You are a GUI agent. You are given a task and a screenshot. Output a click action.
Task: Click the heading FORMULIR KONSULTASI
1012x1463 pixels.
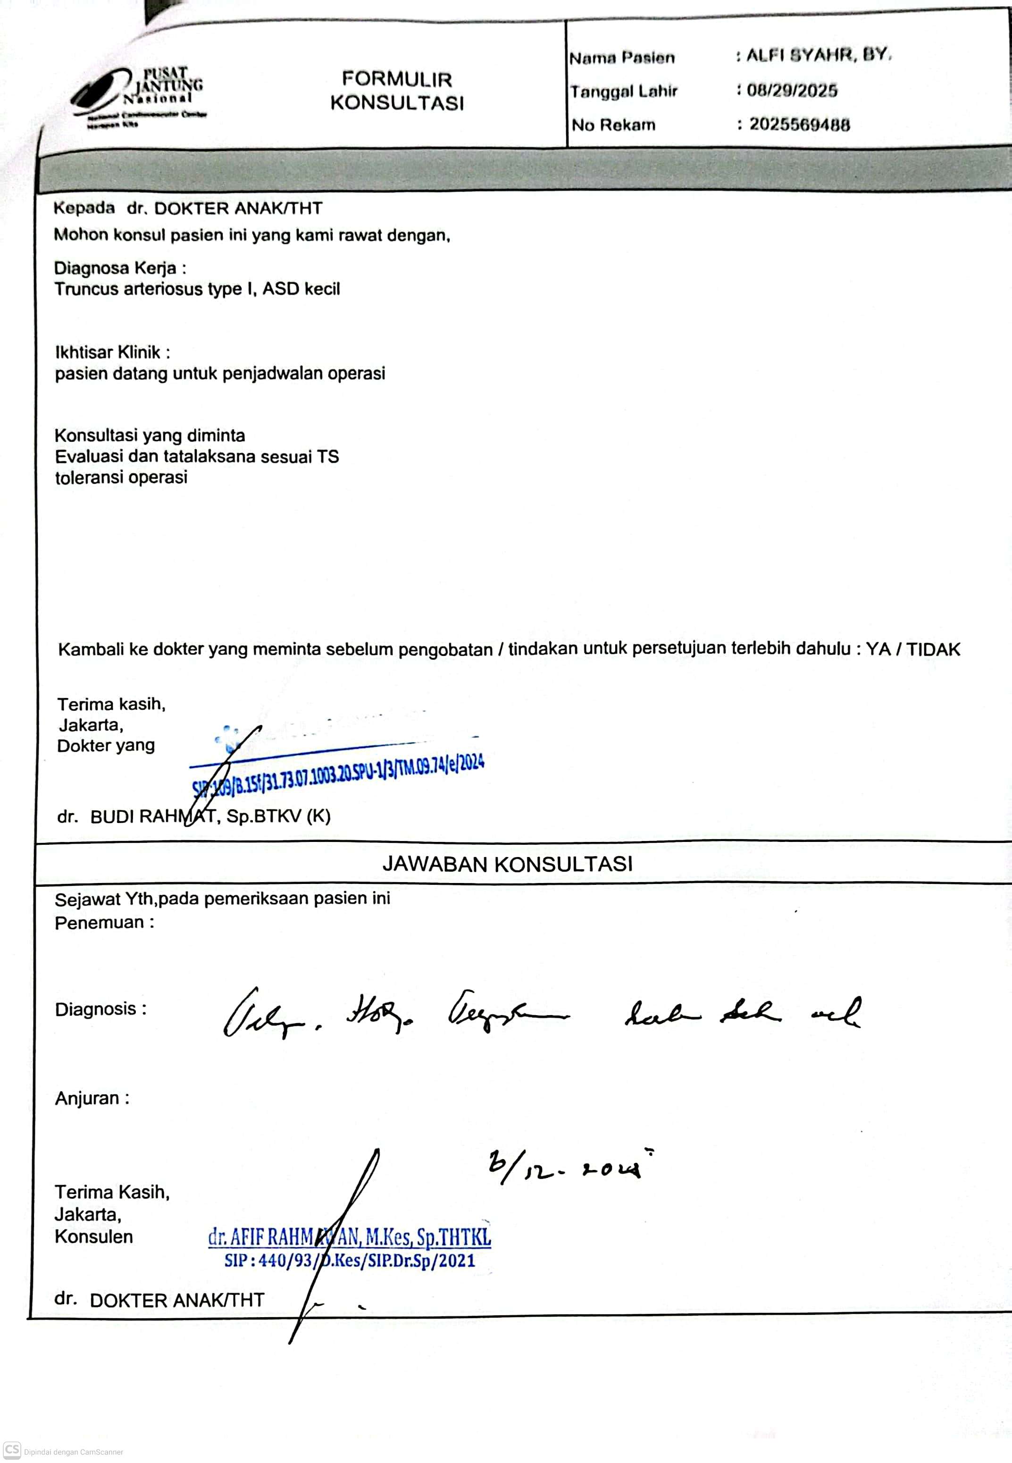click(x=397, y=91)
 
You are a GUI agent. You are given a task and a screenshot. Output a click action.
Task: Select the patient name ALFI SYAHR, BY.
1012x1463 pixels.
click(x=819, y=55)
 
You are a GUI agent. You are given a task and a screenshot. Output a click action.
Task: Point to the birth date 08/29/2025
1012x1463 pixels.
click(x=792, y=90)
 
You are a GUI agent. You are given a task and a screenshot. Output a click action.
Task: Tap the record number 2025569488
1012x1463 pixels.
click(x=799, y=124)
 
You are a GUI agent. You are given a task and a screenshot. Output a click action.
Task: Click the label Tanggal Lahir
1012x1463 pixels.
click(x=623, y=91)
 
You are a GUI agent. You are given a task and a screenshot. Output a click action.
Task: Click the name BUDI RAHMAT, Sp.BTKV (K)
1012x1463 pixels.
click(x=210, y=816)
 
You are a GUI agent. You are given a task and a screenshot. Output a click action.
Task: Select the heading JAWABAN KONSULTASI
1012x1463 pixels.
click(x=507, y=864)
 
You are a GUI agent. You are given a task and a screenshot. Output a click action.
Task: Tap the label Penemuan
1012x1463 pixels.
click(x=103, y=923)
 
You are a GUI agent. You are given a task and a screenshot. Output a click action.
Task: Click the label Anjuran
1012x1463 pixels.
click(x=92, y=1098)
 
